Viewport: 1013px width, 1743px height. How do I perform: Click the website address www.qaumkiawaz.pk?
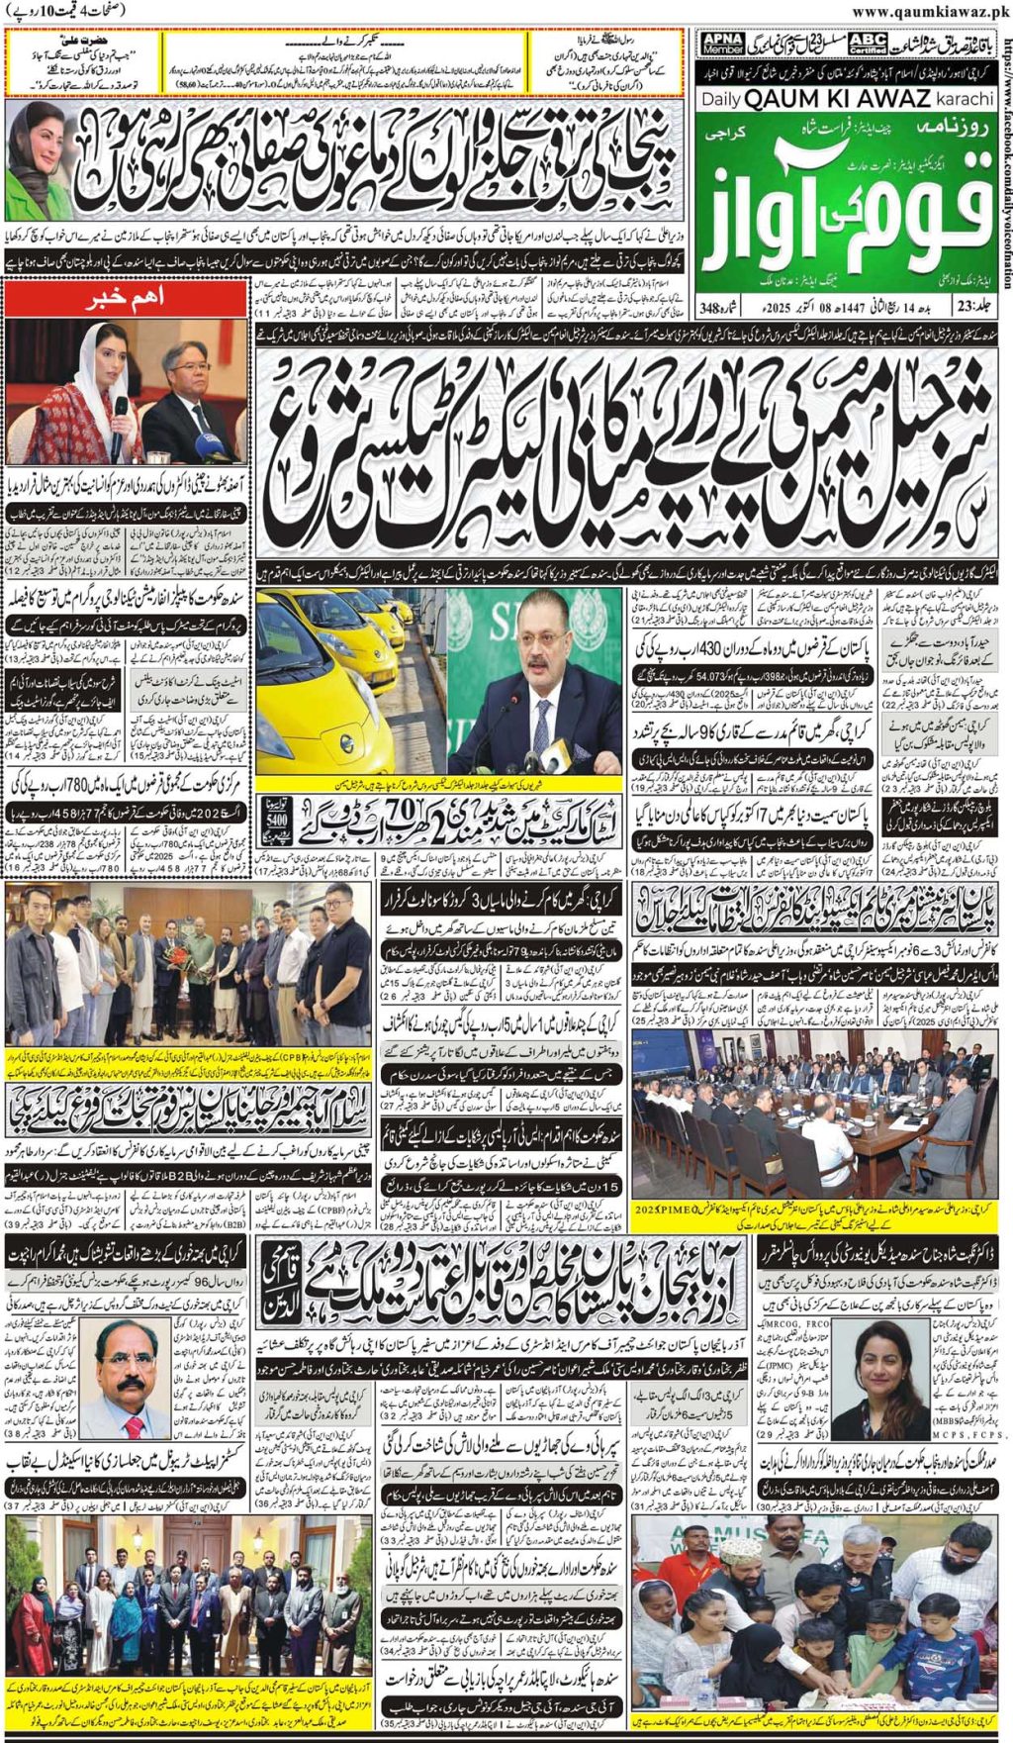click(928, 11)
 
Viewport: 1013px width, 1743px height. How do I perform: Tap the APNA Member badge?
click(722, 44)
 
